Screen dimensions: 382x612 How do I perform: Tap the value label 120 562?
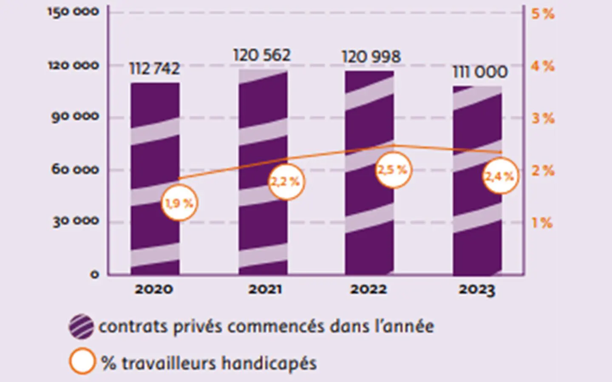click(x=262, y=55)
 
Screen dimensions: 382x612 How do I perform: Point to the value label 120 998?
click(x=371, y=57)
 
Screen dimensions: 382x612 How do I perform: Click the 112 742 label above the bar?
click(x=154, y=69)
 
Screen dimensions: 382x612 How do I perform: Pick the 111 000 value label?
click(x=480, y=72)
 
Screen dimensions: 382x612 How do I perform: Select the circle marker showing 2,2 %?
click(x=286, y=182)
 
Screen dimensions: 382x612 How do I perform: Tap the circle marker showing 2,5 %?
click(x=393, y=170)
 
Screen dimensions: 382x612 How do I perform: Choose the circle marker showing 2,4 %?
click(x=500, y=176)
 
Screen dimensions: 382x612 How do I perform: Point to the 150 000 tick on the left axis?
click(x=73, y=12)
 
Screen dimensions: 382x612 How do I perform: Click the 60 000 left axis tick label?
click(x=75, y=169)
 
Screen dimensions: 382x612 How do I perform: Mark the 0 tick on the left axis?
click(x=94, y=275)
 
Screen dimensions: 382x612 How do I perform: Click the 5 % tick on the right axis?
click(x=543, y=14)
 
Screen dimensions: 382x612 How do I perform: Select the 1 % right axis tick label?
click(x=542, y=223)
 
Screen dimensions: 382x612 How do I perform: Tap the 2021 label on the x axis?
click(x=265, y=289)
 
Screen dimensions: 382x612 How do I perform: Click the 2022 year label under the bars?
click(x=368, y=289)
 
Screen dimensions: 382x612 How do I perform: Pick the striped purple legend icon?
click(x=81, y=326)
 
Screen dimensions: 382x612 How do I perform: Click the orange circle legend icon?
click(x=82, y=361)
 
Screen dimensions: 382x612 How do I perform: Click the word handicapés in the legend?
click(x=269, y=364)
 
